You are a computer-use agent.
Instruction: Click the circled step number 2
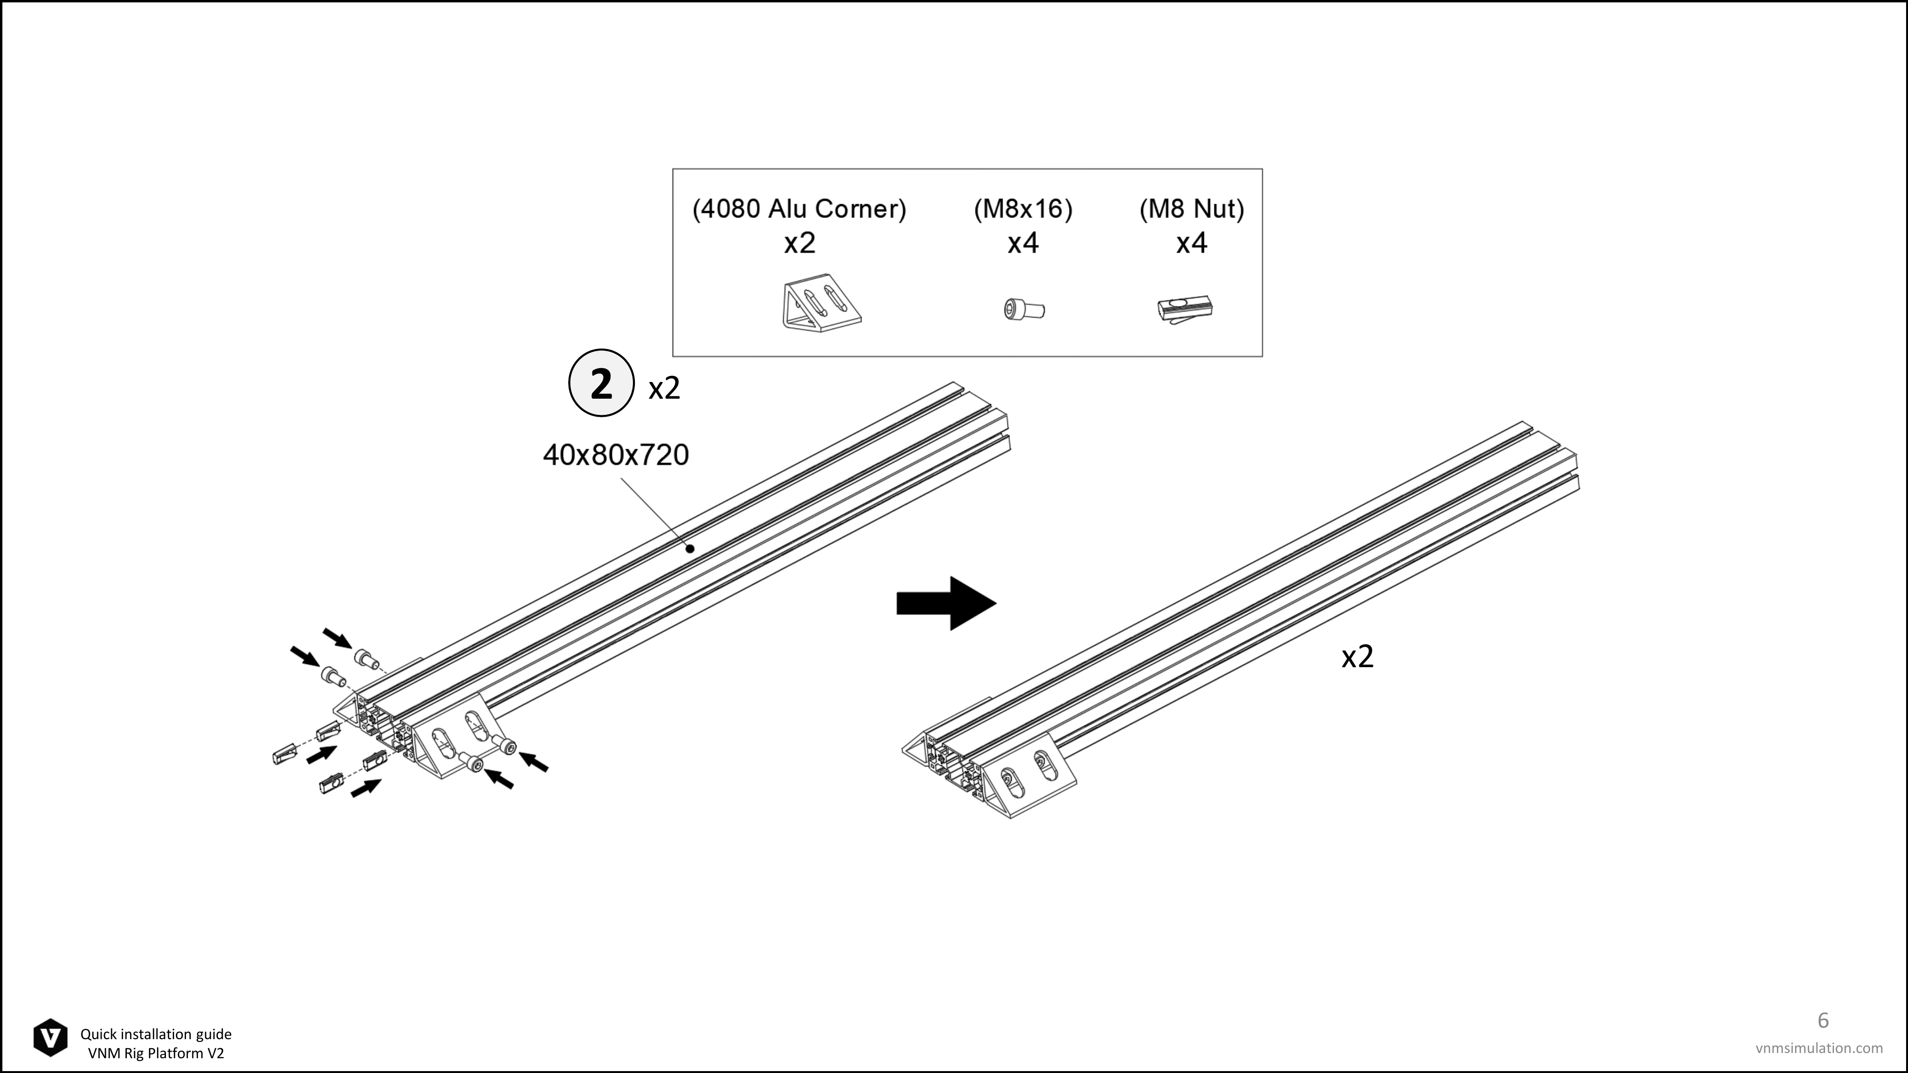(601, 383)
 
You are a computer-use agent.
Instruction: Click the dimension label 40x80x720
(615, 454)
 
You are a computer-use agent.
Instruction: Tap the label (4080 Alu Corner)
(799, 209)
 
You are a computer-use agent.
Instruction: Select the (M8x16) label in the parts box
(1023, 209)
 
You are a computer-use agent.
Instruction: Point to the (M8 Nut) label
(1192, 209)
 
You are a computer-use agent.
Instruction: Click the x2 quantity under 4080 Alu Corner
(799, 243)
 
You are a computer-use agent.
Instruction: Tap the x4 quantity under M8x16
(1023, 243)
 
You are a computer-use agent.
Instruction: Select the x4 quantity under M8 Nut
(1192, 243)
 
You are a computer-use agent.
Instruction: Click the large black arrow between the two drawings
(946, 604)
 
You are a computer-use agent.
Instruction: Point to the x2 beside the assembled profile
(1358, 657)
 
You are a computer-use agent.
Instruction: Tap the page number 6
(1823, 1021)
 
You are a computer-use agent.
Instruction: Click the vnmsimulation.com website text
(1818, 1048)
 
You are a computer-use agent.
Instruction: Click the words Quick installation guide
(156, 1034)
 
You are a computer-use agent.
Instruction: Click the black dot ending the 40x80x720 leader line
(690, 549)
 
